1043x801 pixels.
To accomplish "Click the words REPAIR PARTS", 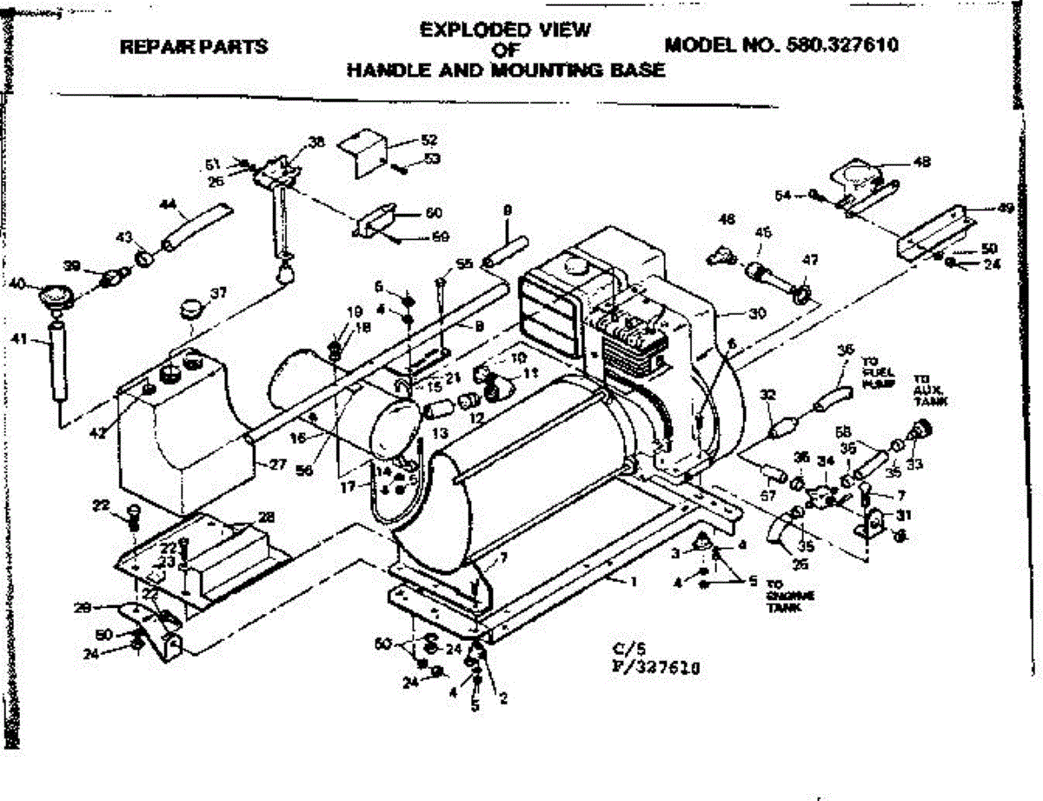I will [x=194, y=46].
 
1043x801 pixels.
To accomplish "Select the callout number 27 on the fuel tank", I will [x=276, y=464].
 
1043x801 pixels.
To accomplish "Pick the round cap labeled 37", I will [x=190, y=309].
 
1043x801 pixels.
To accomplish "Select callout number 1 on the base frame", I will [x=634, y=581].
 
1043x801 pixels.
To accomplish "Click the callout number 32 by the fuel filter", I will [x=767, y=396].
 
